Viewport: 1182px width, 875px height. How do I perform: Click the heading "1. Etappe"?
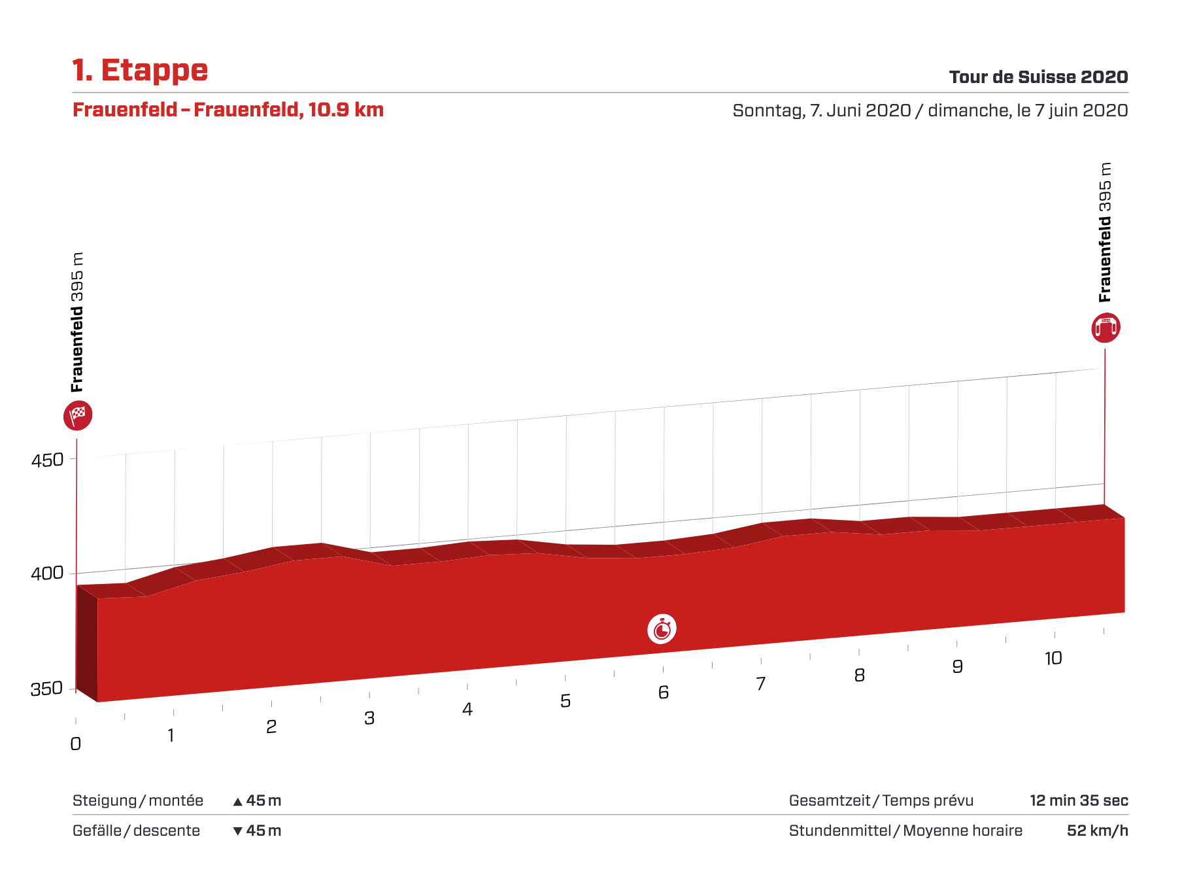click(x=140, y=71)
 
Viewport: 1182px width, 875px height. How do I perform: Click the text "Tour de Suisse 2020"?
click(x=1038, y=77)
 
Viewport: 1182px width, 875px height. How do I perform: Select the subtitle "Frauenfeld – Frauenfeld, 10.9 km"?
click(x=228, y=110)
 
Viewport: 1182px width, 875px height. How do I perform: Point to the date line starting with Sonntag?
click(x=930, y=111)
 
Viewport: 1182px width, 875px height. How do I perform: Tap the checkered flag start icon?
click(x=78, y=415)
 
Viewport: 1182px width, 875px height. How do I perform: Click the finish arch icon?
click(x=1106, y=328)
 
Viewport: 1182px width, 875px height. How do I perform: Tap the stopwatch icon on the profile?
click(x=662, y=629)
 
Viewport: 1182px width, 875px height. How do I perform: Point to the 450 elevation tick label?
click(x=47, y=460)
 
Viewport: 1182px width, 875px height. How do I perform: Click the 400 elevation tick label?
click(x=47, y=574)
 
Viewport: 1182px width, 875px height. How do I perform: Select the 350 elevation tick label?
click(x=46, y=689)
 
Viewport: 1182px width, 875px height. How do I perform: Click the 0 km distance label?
click(x=76, y=744)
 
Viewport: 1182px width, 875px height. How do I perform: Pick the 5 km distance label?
click(x=566, y=701)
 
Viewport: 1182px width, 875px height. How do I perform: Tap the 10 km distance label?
click(x=1053, y=659)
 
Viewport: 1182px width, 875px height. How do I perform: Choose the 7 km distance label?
click(x=761, y=684)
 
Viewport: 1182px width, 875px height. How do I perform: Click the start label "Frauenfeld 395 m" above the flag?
click(x=78, y=322)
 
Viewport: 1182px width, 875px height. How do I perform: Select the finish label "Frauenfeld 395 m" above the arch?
click(x=1105, y=232)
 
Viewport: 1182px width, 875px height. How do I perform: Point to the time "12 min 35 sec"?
click(x=1079, y=800)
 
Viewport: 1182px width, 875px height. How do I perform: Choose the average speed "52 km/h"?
click(x=1097, y=831)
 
